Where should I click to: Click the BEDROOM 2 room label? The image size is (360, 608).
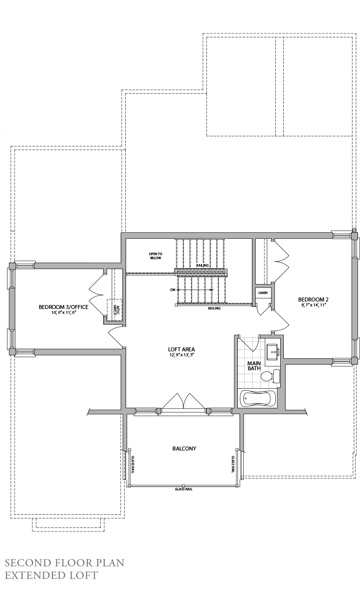(313, 300)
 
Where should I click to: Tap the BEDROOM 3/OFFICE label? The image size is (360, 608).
(63, 307)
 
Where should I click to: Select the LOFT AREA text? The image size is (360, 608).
(181, 349)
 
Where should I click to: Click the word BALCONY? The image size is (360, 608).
(184, 449)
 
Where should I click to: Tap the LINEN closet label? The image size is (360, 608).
(262, 293)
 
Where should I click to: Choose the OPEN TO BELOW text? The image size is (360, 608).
(155, 256)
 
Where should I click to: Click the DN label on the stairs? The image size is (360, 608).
(173, 290)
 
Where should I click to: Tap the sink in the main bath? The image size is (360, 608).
(272, 351)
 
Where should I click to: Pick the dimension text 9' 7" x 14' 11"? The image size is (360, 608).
(313, 305)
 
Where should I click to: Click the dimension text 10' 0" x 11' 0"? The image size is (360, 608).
(63, 313)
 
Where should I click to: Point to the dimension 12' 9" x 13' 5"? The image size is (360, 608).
(181, 355)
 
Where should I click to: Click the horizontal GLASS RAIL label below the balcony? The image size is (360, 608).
(183, 489)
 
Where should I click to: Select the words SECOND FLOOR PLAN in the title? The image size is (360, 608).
(64, 563)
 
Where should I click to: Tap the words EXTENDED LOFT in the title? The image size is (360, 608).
(51, 575)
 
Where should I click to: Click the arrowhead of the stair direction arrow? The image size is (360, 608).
(212, 290)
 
